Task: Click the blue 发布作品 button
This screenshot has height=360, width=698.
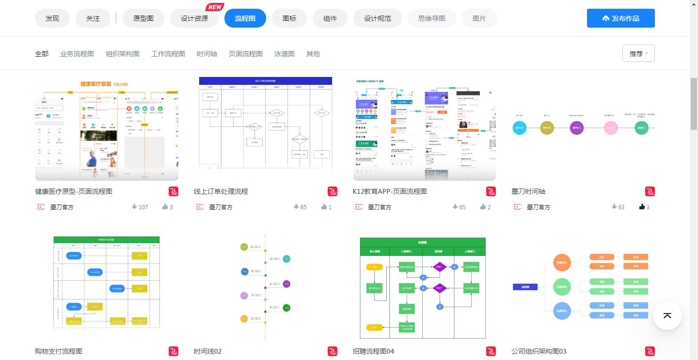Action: [620, 18]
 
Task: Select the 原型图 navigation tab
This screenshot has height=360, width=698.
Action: [143, 18]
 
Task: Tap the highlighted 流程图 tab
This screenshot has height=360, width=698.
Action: [245, 18]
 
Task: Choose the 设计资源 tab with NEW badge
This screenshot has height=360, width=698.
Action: [194, 18]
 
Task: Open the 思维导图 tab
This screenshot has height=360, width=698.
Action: [432, 18]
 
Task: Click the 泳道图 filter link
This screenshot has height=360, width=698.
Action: [285, 54]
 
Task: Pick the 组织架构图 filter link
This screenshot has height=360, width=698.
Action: [123, 54]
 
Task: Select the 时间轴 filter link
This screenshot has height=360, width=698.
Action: [207, 54]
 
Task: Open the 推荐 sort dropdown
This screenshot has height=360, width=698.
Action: [638, 54]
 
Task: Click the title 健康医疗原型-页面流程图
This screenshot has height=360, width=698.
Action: [74, 191]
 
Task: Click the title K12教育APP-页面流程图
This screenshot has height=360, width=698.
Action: [390, 191]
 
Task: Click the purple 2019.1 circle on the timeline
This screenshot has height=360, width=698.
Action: [577, 128]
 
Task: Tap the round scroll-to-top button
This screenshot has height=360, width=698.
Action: [667, 315]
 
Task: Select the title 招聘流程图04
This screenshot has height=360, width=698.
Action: [373, 351]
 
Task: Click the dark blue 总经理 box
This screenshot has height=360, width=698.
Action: [525, 287]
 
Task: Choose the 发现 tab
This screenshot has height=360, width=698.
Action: [52, 18]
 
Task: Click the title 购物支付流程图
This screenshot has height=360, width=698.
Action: [59, 351]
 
